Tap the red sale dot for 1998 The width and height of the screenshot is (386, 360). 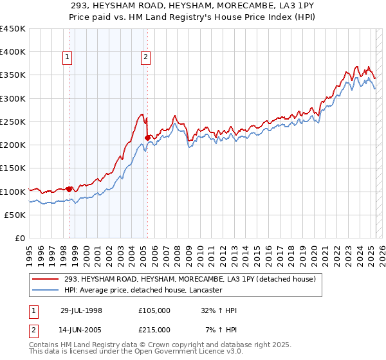pyautogui.click(x=69, y=189)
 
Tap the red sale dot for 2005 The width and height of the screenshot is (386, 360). pyautogui.click(x=147, y=138)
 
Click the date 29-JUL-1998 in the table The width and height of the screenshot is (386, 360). pyautogui.click(x=82, y=310)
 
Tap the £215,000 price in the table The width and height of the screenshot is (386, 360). pyautogui.click(x=154, y=330)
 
